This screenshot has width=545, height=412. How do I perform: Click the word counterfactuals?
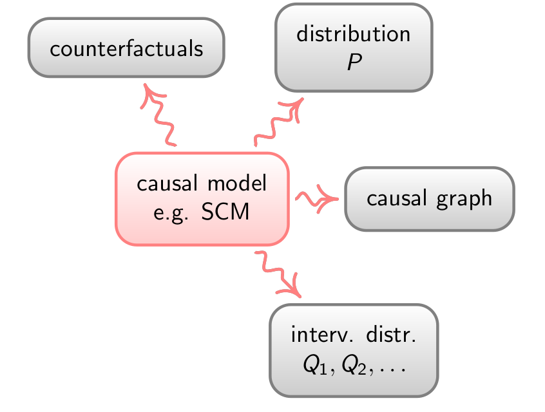[x=126, y=48]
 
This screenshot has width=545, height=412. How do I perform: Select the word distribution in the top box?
[x=354, y=33]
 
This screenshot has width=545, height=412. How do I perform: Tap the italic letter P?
[x=354, y=62]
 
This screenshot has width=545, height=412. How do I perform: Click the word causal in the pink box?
[x=167, y=183]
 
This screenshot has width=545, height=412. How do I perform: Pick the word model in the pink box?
[x=237, y=183]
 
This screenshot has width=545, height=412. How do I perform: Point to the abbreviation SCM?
[x=225, y=211]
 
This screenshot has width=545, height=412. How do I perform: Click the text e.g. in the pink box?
[x=171, y=213]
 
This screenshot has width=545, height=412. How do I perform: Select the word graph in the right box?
[x=464, y=200]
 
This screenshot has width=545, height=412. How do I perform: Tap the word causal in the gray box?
[x=397, y=198]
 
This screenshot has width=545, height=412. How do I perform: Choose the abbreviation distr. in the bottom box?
[x=391, y=334]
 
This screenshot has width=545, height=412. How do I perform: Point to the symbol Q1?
[x=315, y=365]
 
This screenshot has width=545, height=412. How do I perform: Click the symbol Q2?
[x=354, y=365]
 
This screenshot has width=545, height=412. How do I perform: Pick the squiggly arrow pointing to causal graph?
[x=317, y=199]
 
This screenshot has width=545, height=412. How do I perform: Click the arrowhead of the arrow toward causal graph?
[x=328, y=199]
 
